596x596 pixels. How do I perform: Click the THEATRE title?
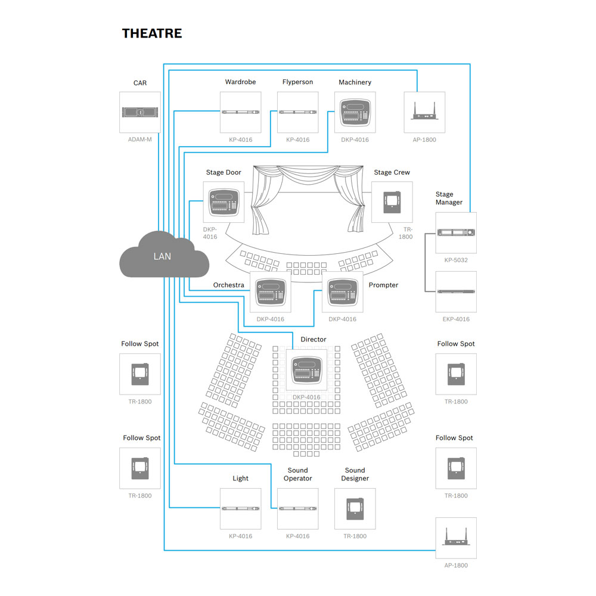pos(152,33)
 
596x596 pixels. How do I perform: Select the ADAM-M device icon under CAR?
pos(140,112)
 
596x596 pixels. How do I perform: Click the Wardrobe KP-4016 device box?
pos(241,112)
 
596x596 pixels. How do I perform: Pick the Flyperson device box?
pos(298,112)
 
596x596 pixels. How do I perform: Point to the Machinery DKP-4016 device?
pos(355,112)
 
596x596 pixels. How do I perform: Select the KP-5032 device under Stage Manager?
pos(456,232)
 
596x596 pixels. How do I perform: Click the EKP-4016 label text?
pos(456,319)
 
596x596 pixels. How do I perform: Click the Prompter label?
pos(383,285)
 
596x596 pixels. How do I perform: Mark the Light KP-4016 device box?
pos(241,509)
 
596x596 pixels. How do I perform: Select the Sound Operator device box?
pos(298,509)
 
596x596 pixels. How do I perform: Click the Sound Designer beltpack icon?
pos(355,509)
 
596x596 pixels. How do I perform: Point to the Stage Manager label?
pos(449,198)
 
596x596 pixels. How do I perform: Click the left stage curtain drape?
pos(263,203)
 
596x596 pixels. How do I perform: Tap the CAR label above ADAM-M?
pos(140,83)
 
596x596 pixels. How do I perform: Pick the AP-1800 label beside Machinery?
pos(424,140)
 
